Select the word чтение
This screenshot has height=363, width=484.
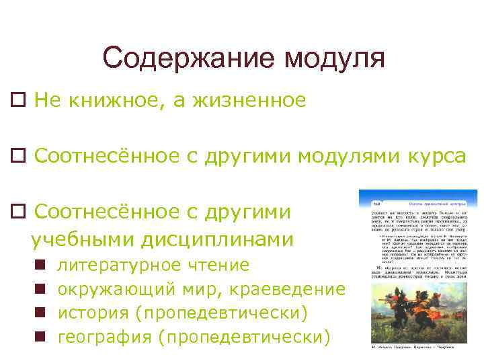214,266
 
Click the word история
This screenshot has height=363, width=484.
93,313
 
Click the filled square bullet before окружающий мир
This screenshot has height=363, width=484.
41,290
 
